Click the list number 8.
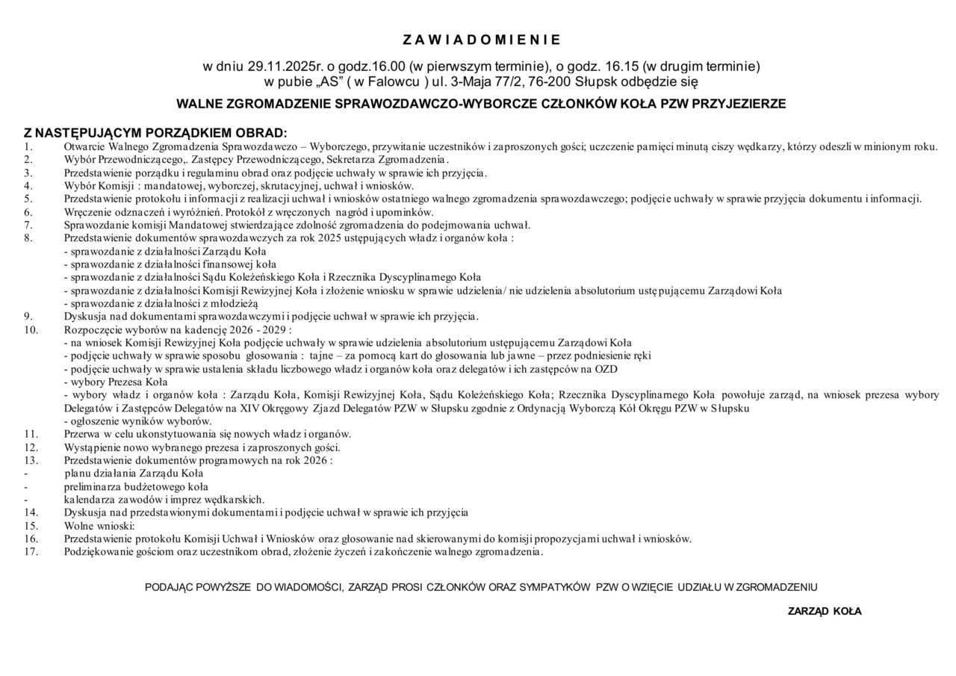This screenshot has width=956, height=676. tap(28, 238)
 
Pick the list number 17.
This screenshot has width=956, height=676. tap(31, 552)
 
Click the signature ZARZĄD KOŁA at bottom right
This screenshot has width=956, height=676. tap(825, 611)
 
